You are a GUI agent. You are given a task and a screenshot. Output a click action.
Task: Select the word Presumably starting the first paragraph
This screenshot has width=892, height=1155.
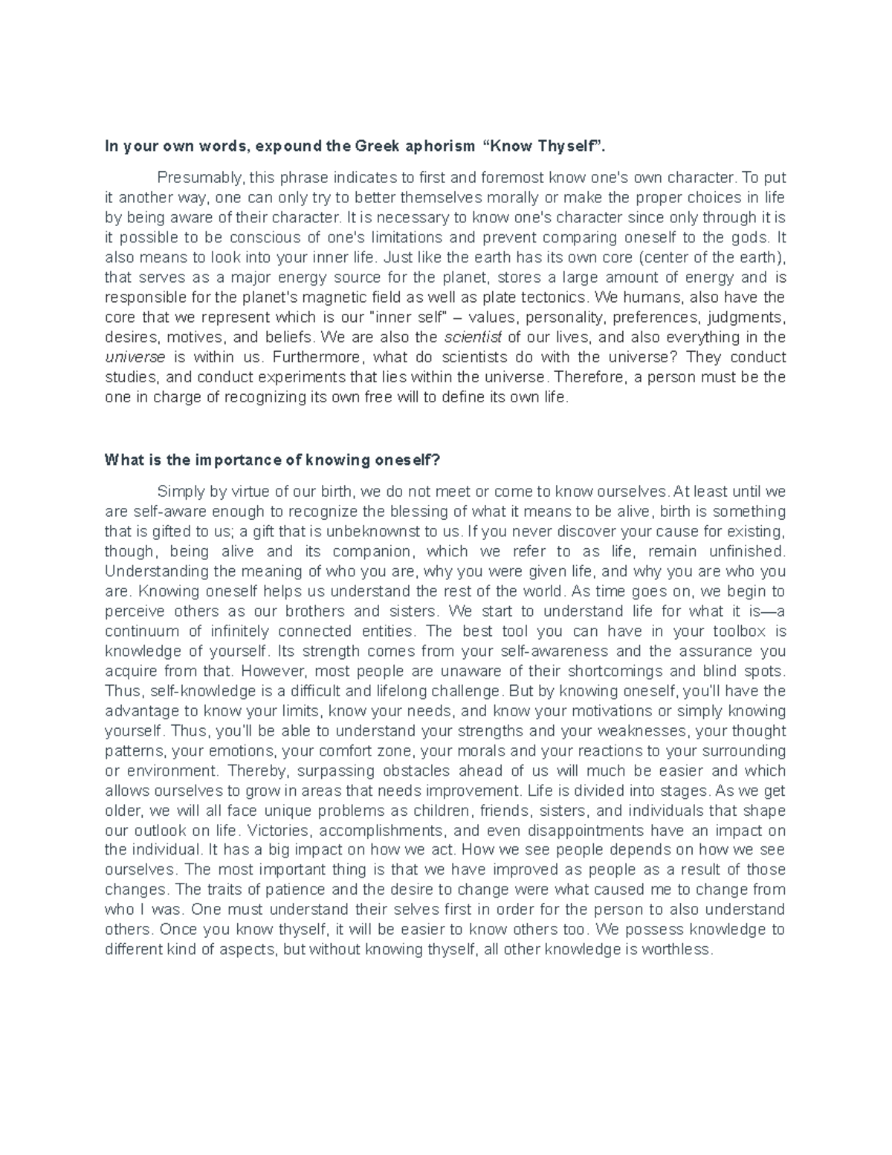pyautogui.click(x=200, y=178)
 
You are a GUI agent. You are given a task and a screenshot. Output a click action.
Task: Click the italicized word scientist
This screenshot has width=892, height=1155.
pyautogui.click(x=473, y=338)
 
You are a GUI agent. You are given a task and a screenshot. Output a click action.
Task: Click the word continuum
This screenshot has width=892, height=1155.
pyautogui.click(x=142, y=631)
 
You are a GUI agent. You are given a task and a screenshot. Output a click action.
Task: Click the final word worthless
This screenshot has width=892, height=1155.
pyautogui.click(x=675, y=950)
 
